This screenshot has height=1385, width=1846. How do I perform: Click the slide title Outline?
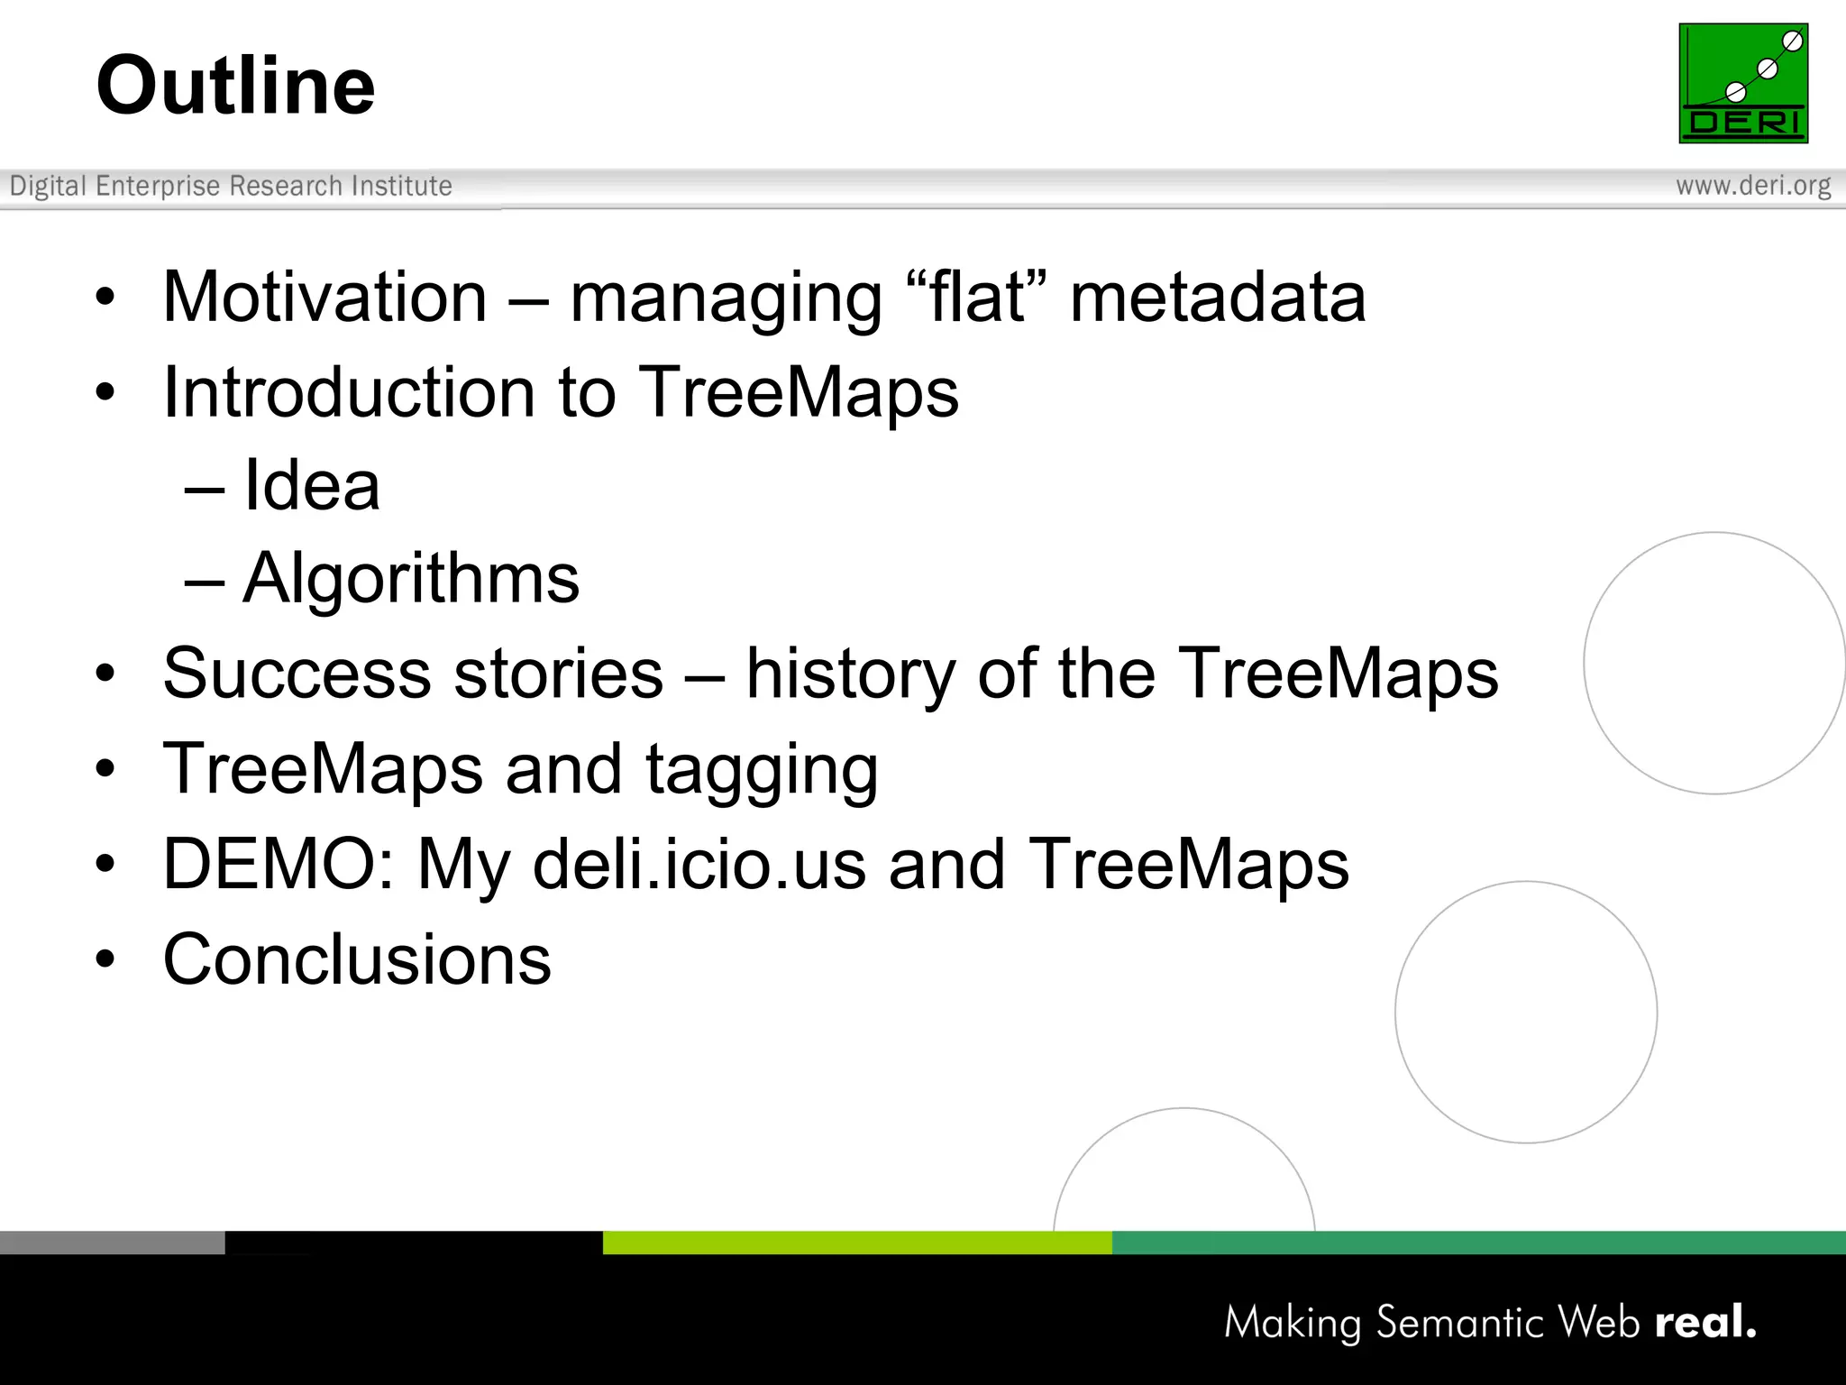[235, 86]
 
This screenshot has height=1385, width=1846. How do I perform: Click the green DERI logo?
[1742, 83]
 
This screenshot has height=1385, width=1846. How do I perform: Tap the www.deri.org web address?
[1752, 186]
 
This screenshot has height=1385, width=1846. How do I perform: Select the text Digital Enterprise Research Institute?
[231, 186]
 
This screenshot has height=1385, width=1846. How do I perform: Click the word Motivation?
[324, 298]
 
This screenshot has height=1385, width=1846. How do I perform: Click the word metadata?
[1218, 298]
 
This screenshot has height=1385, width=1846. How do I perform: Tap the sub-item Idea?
[311, 486]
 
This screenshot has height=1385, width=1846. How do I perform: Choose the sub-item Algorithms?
[411, 578]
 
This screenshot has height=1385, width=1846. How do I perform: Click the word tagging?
[762, 769]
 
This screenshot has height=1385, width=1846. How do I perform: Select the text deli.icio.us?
[699, 864]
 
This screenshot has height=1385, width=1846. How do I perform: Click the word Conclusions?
[357, 959]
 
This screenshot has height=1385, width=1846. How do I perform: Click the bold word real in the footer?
[1704, 1322]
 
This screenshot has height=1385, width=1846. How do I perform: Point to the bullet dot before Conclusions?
[105, 959]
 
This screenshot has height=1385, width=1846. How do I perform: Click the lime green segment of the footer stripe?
[856, 1243]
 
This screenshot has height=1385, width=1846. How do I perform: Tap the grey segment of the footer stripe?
[112, 1243]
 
